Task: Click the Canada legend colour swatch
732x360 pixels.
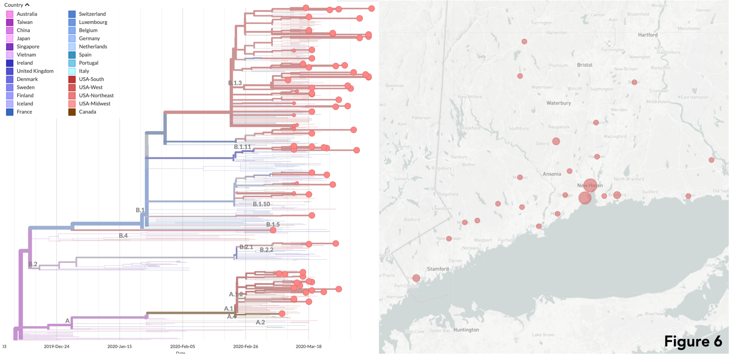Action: point(72,112)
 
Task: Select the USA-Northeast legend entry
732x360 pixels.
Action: point(96,95)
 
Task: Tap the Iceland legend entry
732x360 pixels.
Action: point(25,104)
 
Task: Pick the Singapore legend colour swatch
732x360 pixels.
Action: point(10,47)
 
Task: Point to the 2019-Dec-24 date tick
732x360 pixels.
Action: point(56,346)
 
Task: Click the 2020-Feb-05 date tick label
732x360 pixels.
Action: point(183,346)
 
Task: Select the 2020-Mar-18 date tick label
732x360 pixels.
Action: point(308,346)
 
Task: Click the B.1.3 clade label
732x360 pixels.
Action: point(235,83)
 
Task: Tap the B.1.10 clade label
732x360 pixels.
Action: point(261,204)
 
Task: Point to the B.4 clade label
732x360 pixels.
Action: point(123,236)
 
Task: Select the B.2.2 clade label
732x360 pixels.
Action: point(266,250)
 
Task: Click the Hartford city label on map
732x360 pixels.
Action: point(647,35)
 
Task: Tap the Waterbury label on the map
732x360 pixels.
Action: point(558,103)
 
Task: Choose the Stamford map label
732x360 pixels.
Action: point(438,269)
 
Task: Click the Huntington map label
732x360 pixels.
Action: point(466,330)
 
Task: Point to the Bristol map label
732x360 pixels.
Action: point(584,65)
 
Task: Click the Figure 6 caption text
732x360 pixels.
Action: point(693,342)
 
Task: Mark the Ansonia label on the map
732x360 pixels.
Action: point(551,174)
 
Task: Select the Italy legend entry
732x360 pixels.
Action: point(84,71)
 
